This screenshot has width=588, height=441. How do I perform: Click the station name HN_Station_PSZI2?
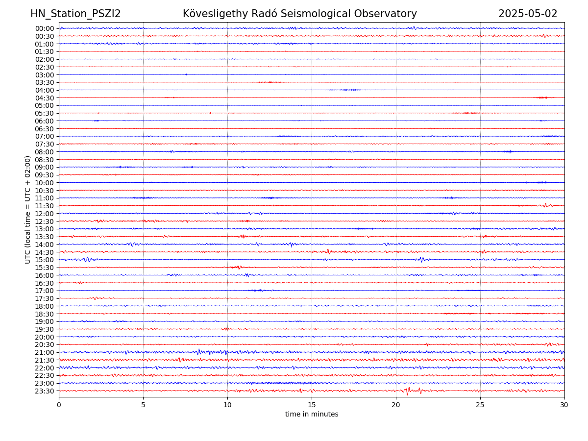click(x=75, y=14)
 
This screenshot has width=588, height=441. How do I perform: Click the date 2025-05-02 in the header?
click(x=528, y=14)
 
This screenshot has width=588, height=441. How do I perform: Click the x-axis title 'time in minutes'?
click(x=312, y=415)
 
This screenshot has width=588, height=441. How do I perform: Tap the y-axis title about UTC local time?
click(x=28, y=210)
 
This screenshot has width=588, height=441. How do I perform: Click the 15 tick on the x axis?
click(x=312, y=405)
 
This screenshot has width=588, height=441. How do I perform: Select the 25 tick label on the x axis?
click(x=480, y=405)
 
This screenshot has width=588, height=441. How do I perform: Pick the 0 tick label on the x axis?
click(x=59, y=405)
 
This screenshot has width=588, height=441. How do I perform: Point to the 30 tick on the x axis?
click(x=564, y=405)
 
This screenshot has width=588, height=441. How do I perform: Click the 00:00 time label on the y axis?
click(x=45, y=28)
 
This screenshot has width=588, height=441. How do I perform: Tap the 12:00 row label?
click(x=45, y=214)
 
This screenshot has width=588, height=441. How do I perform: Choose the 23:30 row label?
click(x=45, y=391)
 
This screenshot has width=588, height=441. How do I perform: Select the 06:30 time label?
click(x=45, y=129)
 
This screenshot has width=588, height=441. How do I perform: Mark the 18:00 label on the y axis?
click(x=45, y=306)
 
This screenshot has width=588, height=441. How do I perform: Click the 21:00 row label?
click(x=45, y=352)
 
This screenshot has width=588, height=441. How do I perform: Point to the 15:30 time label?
click(x=45, y=268)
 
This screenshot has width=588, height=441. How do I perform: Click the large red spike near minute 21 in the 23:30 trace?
click(x=407, y=392)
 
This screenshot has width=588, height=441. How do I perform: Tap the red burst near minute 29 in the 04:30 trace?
click(x=542, y=98)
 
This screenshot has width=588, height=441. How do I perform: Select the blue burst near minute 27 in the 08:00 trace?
click(x=509, y=151)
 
